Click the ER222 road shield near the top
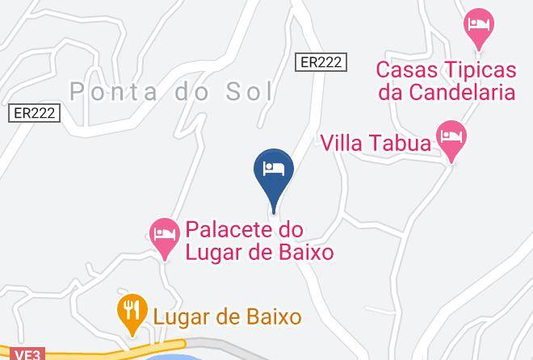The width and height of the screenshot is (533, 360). [x=321, y=61]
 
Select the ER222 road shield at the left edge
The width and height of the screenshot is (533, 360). [x=35, y=113]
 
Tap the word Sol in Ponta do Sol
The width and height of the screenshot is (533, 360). [x=247, y=91]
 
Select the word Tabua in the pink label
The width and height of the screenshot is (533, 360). [x=402, y=143]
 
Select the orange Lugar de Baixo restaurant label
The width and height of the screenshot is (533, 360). [x=227, y=316]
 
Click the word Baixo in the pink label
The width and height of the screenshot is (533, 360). [x=305, y=253]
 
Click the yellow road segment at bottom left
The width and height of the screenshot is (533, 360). [x=97, y=353]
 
